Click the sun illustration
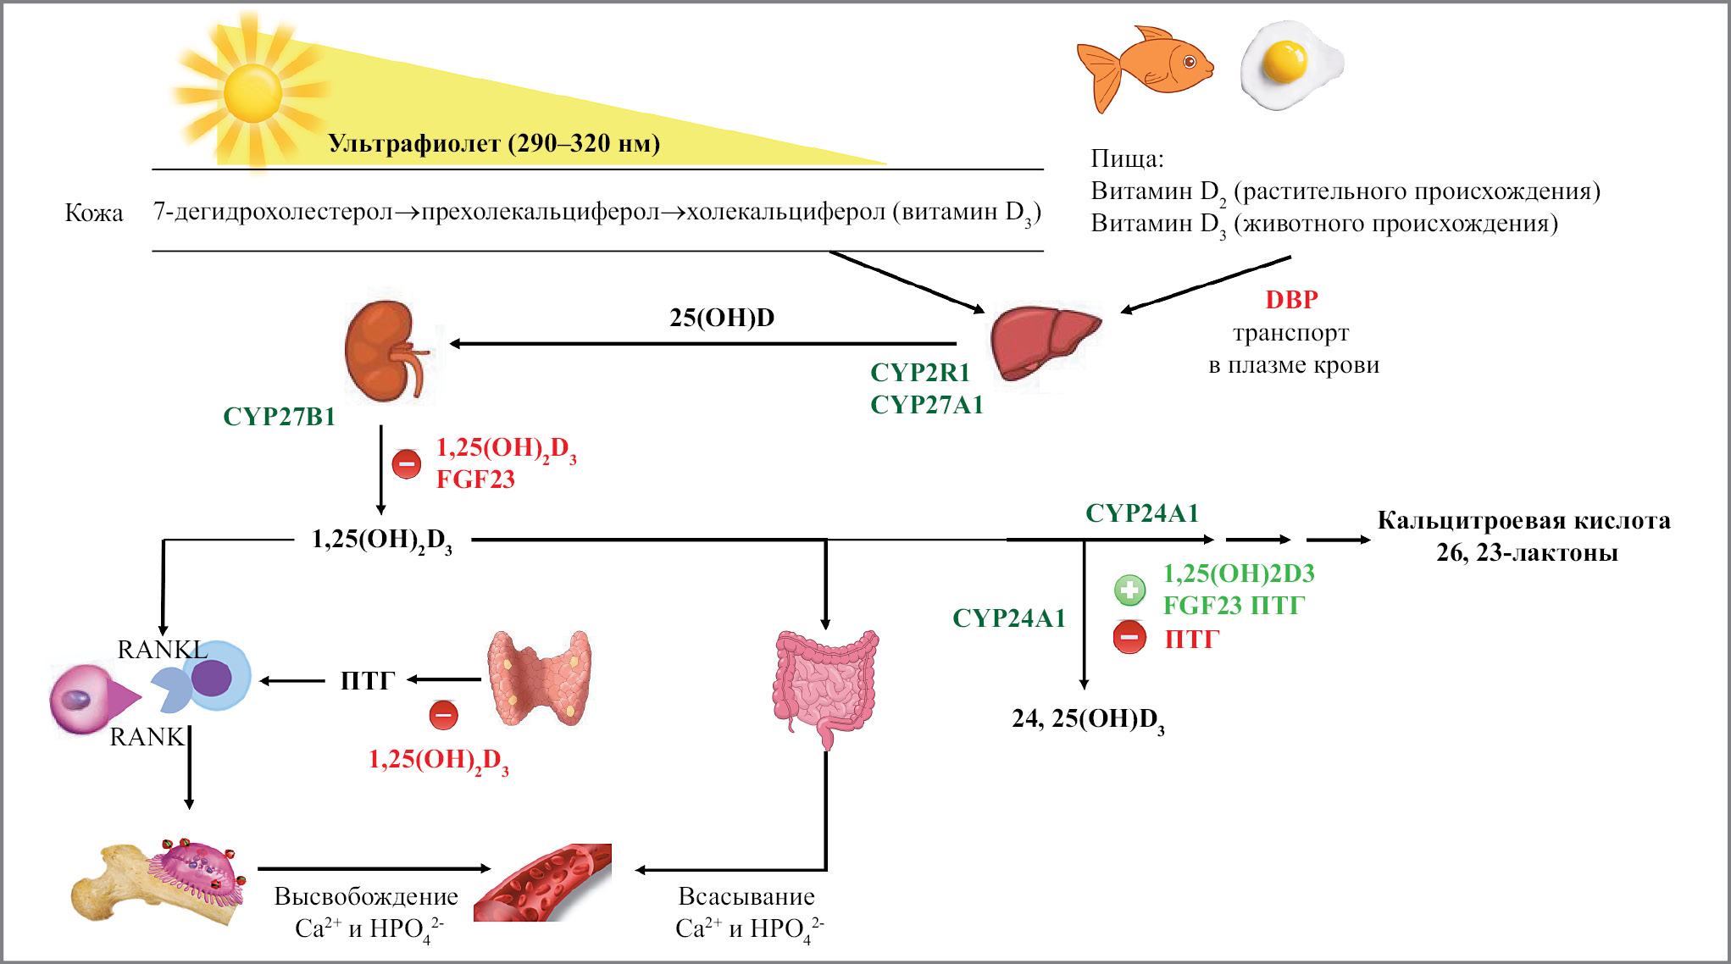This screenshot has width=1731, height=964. pyautogui.click(x=252, y=91)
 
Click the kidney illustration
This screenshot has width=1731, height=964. pyautogui.click(x=386, y=352)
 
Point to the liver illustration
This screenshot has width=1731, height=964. pyautogui.click(x=1044, y=342)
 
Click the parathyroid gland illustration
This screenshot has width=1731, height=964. pyautogui.click(x=539, y=679)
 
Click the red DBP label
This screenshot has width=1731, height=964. pyautogui.click(x=1291, y=300)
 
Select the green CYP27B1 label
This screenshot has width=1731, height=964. pyautogui.click(x=279, y=417)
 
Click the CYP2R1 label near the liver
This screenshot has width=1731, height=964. pyautogui.click(x=919, y=373)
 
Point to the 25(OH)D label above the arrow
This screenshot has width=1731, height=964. pyautogui.click(x=722, y=318)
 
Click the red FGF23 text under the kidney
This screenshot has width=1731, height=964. pyautogui.click(x=475, y=479)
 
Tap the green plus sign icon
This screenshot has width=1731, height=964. pyautogui.click(x=1129, y=590)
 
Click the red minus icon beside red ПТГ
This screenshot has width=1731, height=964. pyautogui.click(x=1129, y=637)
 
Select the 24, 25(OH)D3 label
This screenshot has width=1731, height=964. pyautogui.click(x=1088, y=719)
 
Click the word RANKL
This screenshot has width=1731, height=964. pyautogui.click(x=162, y=650)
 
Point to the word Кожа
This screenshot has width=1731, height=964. pyautogui.click(x=94, y=213)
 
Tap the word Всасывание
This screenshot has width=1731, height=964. pyautogui.click(x=746, y=896)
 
